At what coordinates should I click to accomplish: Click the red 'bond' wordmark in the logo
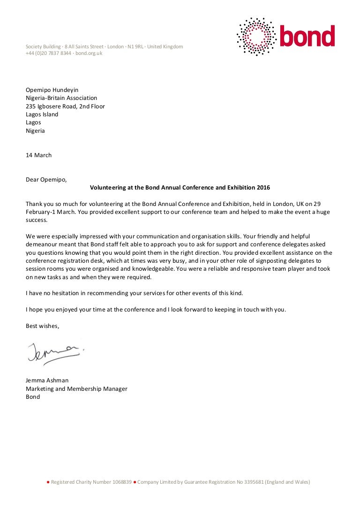(x=307, y=36)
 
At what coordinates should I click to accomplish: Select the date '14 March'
(x=38, y=155)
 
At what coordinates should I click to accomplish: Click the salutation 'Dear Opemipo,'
(x=46, y=179)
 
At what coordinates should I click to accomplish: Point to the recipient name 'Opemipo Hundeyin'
(x=52, y=90)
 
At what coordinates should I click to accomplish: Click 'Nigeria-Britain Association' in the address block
(x=61, y=98)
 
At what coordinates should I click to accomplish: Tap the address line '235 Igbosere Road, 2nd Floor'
(x=65, y=107)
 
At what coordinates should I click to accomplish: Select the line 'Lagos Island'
(x=42, y=114)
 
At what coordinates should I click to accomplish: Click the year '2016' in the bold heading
(x=263, y=188)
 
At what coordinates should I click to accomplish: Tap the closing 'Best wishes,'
(x=43, y=326)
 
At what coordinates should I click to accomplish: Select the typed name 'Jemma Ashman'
(x=47, y=381)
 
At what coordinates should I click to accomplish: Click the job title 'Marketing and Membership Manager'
(x=76, y=389)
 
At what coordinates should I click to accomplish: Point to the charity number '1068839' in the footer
(x=121, y=482)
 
